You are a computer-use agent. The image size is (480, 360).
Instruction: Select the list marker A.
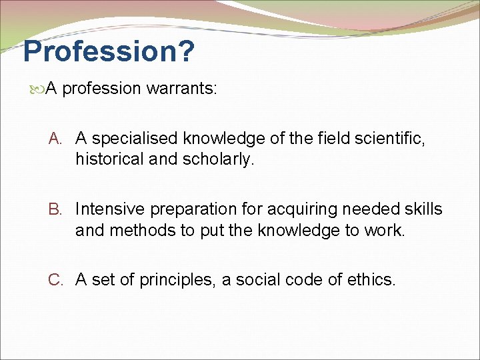(x=56, y=139)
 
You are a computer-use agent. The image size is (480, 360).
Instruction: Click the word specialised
(x=135, y=139)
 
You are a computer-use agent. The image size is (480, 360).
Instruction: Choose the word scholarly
(x=221, y=159)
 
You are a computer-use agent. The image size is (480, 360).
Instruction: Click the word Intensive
(x=109, y=209)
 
